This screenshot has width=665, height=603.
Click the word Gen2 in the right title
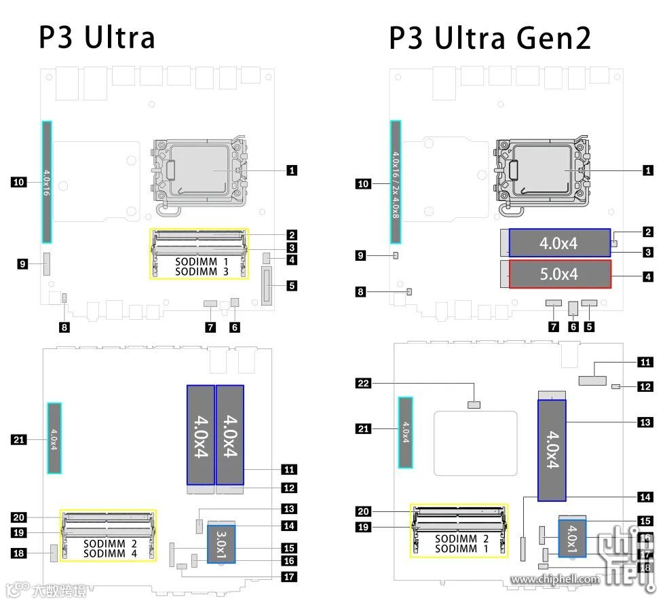[x=548, y=38]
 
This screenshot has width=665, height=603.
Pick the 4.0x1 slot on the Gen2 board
[x=573, y=536]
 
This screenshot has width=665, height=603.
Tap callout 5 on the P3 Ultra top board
[x=291, y=286]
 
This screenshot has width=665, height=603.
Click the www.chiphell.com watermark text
[x=555, y=579]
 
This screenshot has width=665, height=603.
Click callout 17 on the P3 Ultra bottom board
[x=289, y=577]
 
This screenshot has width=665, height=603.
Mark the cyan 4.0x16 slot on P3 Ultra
[x=47, y=182]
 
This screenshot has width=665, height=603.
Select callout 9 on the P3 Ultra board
[x=23, y=263]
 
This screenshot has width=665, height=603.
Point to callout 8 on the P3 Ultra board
[x=64, y=327]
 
